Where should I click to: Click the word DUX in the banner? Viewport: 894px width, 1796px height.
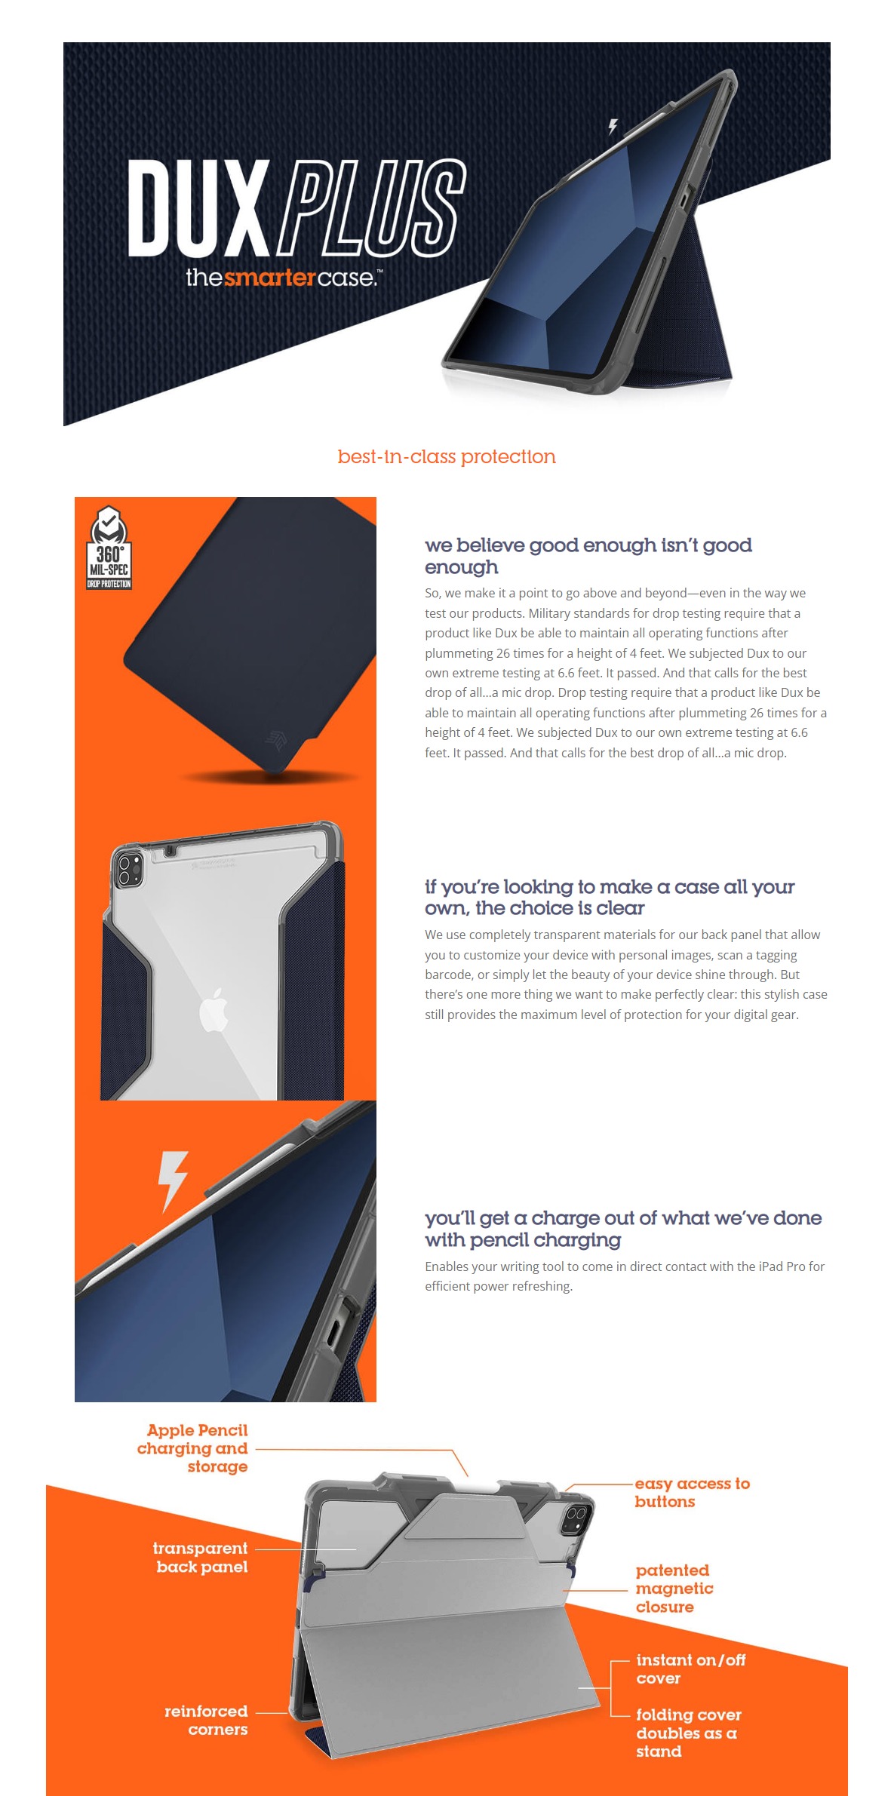click(198, 208)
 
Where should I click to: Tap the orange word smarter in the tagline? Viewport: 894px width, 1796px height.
click(269, 278)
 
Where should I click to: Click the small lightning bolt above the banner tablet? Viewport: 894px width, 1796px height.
click(613, 126)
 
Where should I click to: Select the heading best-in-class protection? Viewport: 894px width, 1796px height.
click(447, 456)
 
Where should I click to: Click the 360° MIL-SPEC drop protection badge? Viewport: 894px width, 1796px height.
click(109, 547)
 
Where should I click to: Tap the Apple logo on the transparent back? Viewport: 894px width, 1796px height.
click(214, 1009)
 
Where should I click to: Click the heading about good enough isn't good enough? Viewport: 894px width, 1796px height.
click(588, 556)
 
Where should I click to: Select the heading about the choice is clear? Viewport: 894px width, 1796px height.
click(610, 897)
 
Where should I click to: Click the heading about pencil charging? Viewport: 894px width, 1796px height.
click(623, 1229)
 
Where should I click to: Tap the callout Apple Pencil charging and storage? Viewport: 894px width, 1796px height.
click(192, 1448)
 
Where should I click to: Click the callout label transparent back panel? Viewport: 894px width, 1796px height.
click(200, 1557)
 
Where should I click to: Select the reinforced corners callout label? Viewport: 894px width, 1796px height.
click(206, 1720)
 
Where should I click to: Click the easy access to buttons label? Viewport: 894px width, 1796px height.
click(693, 1492)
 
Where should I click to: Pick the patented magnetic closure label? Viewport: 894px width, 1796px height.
click(674, 1588)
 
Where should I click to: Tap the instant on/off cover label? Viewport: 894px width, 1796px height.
click(691, 1669)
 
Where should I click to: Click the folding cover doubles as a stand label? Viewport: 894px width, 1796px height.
click(689, 1733)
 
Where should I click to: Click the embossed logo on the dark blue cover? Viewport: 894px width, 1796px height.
click(276, 739)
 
